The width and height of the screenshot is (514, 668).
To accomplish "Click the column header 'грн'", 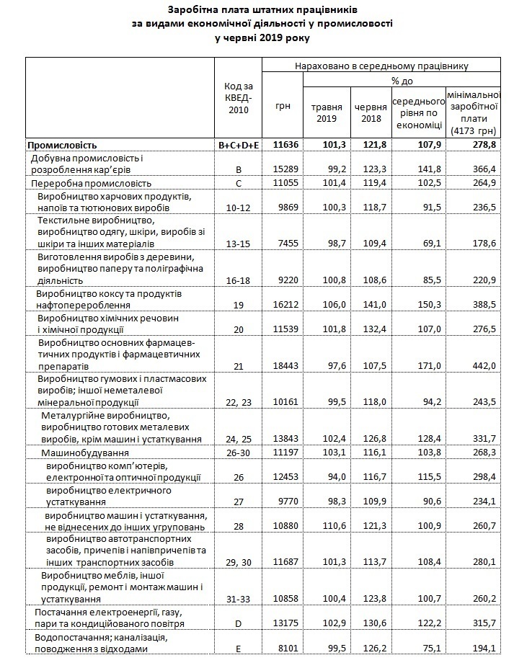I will (283, 106).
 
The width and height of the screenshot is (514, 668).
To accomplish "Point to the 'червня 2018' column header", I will (370, 112).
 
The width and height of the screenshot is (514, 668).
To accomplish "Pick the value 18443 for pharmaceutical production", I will (283, 366).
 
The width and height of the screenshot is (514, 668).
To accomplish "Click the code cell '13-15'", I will (238, 245).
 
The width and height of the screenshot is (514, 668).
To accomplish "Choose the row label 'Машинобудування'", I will (84, 453).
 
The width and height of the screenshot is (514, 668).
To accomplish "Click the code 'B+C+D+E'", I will (238, 145).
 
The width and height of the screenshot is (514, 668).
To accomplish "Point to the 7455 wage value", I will (283, 245).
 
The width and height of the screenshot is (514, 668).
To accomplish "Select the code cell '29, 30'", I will (238, 562).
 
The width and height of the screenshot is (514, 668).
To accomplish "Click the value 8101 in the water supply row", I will (283, 649).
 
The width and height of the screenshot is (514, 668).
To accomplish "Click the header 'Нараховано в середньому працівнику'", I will (381, 66).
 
